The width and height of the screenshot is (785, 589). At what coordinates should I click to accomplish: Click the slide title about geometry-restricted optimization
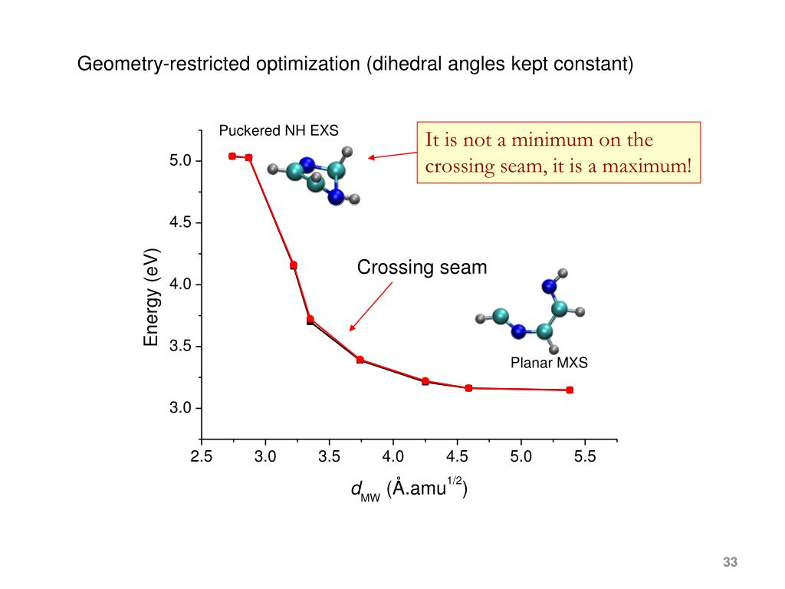coord(355,64)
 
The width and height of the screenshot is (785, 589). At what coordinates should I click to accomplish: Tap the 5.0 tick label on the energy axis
coord(184,161)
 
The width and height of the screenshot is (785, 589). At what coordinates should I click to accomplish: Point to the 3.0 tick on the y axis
coord(184,408)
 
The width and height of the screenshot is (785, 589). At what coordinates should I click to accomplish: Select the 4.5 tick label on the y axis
coord(184,223)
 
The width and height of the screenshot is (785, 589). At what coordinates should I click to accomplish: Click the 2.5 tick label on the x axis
coord(201,458)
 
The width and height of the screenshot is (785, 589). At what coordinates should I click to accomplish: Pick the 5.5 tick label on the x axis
coord(585,458)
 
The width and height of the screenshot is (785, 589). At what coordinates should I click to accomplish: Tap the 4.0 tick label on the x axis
coord(392,458)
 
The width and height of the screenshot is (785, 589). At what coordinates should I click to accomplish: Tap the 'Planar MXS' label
coord(549,363)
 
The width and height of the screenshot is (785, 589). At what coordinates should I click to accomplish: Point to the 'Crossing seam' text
coord(422,268)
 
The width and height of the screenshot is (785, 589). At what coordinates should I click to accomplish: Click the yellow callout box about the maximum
coord(559,152)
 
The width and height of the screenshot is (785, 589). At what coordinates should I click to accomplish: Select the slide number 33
coord(729,563)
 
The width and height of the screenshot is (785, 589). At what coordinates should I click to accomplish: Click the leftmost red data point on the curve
coord(232,156)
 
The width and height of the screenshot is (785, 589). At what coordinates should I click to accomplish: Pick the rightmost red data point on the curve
coord(570,390)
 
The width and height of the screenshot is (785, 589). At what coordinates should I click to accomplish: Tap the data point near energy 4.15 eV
coord(294,265)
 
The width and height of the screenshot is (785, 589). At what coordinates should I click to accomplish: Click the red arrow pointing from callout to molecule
coord(392,155)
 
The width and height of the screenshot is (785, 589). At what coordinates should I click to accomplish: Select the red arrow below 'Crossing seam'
coord(371,306)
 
